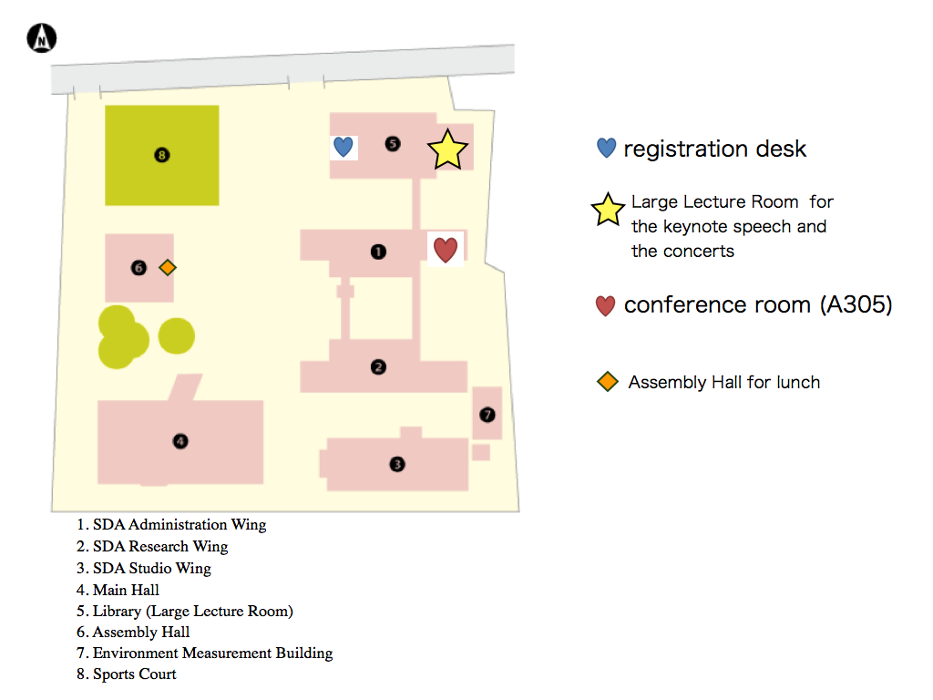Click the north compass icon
tap(42, 38)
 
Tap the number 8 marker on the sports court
tap(162, 155)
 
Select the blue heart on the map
tap(343, 147)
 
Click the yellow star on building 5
tap(447, 149)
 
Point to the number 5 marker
tap(393, 143)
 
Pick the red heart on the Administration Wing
tap(446, 250)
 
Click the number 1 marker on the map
tap(378, 252)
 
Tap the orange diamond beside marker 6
tap(168, 268)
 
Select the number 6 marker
tap(138, 268)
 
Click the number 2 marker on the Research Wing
tap(378, 366)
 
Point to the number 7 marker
tap(487, 415)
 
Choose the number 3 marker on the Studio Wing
tap(397, 464)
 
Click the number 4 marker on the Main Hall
tap(180, 441)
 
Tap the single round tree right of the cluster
tap(177, 335)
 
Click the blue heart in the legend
tap(606, 148)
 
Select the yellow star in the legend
tap(608, 210)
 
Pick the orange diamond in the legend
tap(608, 382)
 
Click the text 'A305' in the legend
tap(856, 304)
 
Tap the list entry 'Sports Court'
tap(135, 674)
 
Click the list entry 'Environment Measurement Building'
tap(213, 653)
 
